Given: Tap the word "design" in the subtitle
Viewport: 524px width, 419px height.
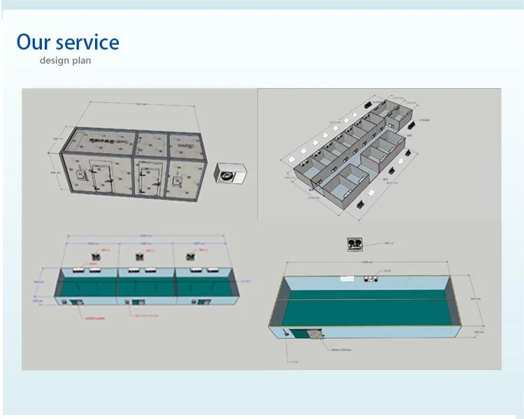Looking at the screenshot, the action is tap(53, 61).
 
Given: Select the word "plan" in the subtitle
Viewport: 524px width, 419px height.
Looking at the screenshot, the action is tap(81, 61).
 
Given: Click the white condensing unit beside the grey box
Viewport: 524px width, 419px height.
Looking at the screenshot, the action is tap(231, 174).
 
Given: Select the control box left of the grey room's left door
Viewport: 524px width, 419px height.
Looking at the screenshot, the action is tap(81, 175).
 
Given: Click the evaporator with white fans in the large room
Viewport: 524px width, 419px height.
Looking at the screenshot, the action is tap(370, 280).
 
